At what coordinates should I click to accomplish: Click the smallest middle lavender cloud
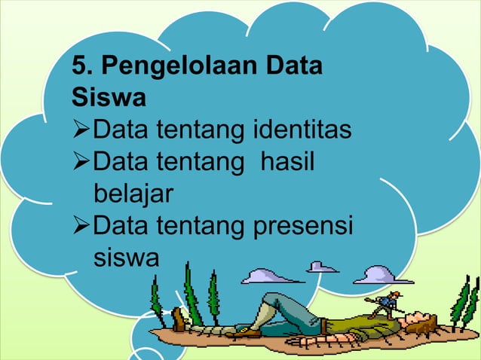[x=323, y=267]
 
